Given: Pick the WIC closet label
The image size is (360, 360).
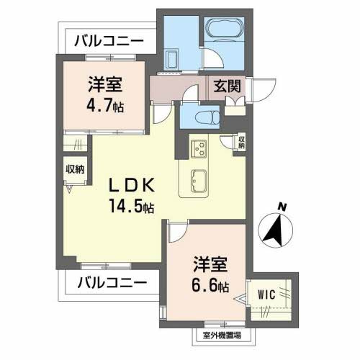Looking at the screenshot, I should point(266,293).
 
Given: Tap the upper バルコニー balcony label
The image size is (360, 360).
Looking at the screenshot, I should point(109,40).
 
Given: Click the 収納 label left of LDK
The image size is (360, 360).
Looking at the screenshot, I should point(76,169).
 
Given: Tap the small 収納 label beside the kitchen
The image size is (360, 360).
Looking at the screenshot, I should point(241,142).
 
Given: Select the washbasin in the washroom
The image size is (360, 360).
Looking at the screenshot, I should point(172,59).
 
